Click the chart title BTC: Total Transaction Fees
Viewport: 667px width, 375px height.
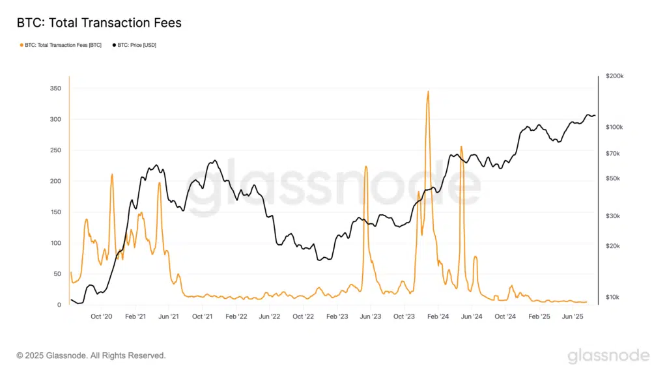tap(99, 23)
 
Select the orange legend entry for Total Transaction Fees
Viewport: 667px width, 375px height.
tap(62, 45)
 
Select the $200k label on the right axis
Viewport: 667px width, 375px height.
tap(614, 76)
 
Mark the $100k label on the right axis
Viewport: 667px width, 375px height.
tap(614, 126)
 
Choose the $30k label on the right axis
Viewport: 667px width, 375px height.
tap(613, 216)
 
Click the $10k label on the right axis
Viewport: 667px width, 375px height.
tap(613, 298)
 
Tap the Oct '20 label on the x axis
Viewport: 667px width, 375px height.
tap(102, 316)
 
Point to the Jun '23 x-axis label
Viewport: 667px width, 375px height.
tap(371, 316)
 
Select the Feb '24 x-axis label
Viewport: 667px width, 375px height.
tap(438, 316)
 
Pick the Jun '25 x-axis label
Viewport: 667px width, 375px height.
tap(573, 316)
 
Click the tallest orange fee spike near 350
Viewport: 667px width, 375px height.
tap(428, 92)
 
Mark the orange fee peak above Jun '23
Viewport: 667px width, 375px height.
tap(366, 167)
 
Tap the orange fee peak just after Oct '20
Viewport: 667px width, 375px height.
tap(112, 174)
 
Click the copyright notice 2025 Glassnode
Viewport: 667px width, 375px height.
tap(91, 355)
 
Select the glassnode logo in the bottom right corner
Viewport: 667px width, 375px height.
tap(608, 355)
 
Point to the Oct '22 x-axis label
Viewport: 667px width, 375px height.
tap(304, 316)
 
